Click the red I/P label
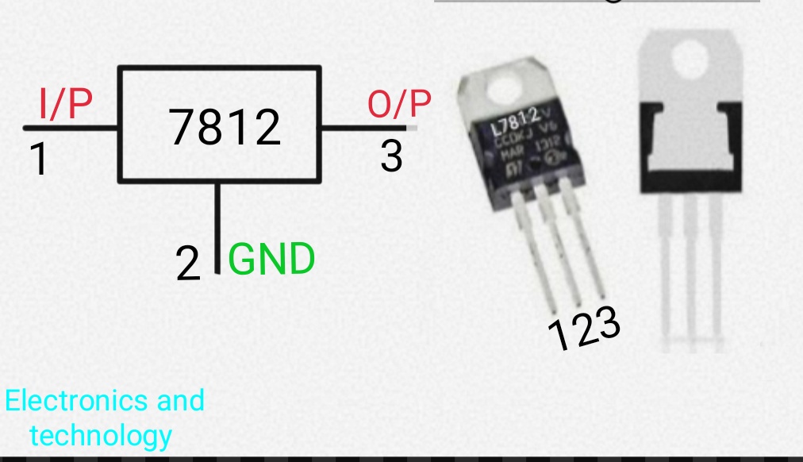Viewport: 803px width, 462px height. pos(65,104)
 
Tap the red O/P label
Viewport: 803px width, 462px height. pos(399,104)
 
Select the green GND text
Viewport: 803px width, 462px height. pos(271,260)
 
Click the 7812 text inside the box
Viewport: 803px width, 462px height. pos(225,127)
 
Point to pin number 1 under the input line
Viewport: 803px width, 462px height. pos(37,160)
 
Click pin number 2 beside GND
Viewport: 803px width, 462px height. pos(188,265)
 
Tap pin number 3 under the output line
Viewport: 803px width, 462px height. pos(391,156)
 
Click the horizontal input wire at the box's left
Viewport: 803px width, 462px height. pos(71,127)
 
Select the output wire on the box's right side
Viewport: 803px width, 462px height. pos(365,127)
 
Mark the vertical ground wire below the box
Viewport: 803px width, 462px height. pos(217,226)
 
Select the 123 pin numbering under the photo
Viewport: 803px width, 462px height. pos(584,329)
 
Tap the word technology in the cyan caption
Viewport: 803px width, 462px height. pos(100,435)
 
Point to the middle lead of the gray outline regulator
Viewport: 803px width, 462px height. pos(690,270)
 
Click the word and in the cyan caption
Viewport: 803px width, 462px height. pos(180,400)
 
